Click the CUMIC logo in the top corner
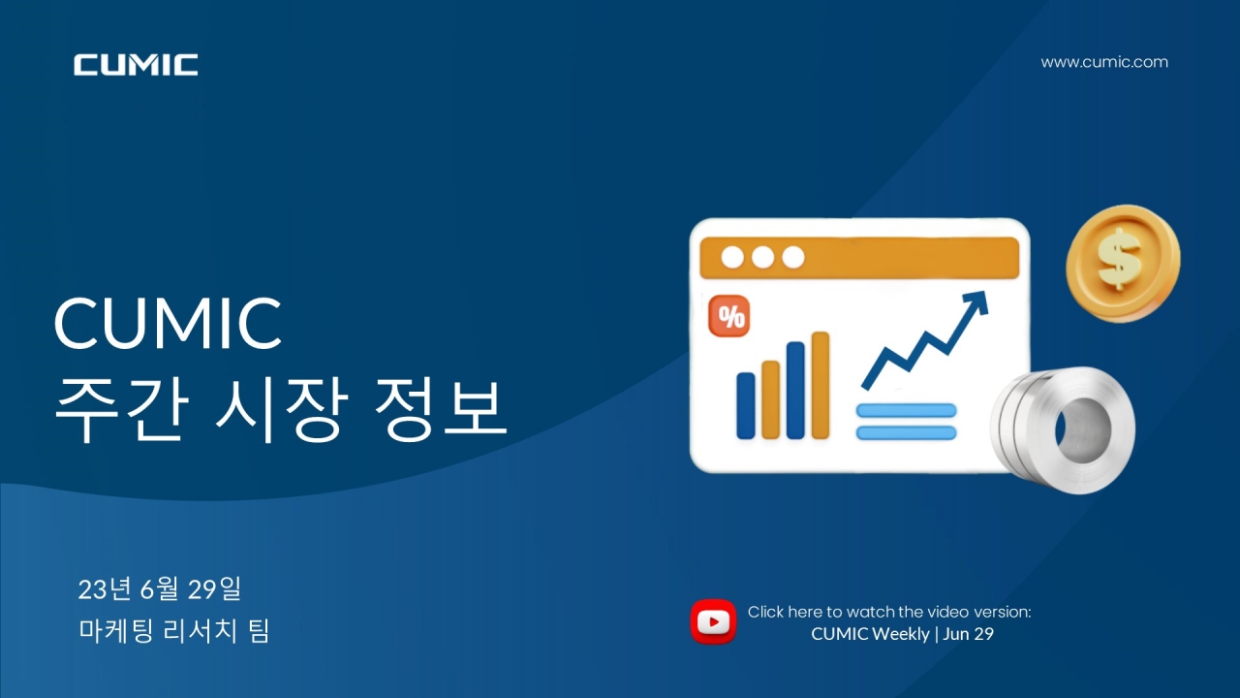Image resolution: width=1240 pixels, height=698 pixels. click(x=136, y=65)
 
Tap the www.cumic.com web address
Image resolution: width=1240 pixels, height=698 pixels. click(x=1104, y=62)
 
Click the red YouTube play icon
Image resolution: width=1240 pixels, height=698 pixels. click(x=713, y=621)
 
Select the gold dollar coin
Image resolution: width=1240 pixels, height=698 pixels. click(x=1123, y=263)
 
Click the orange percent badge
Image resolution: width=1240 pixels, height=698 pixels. click(x=729, y=316)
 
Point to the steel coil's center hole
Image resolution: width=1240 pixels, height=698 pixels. click(x=1083, y=429)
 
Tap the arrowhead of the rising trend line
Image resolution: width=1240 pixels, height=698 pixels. click(x=976, y=302)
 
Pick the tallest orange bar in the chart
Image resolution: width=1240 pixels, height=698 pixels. click(x=821, y=385)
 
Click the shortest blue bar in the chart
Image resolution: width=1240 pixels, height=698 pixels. click(x=746, y=405)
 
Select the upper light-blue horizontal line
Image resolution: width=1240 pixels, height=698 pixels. click(x=906, y=410)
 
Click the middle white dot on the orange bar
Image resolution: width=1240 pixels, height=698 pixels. click(x=762, y=257)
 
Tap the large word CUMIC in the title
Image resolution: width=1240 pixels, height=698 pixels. click(x=168, y=323)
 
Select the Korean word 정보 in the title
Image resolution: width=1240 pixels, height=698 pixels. click(x=440, y=409)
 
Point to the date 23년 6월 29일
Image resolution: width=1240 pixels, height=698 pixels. click(x=160, y=588)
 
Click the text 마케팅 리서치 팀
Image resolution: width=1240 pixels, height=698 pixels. click(x=173, y=630)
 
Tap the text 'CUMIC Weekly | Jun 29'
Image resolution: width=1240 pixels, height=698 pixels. click(x=902, y=634)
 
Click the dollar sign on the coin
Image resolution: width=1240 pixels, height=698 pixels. click(x=1119, y=259)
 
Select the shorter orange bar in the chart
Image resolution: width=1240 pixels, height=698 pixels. click(x=770, y=399)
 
